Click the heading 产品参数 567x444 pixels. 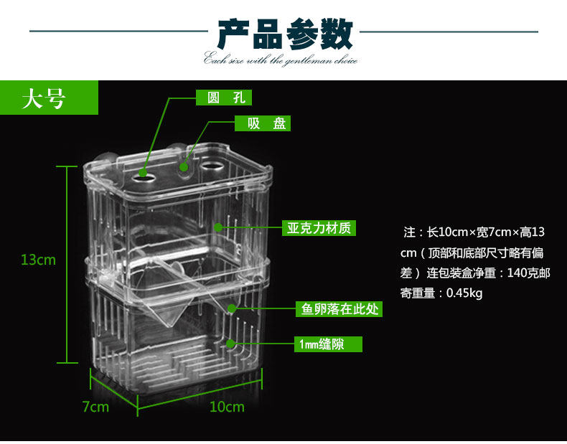(x=284, y=34)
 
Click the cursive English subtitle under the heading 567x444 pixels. (x=281, y=60)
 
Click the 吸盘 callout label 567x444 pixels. (x=263, y=123)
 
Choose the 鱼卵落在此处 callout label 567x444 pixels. (x=338, y=309)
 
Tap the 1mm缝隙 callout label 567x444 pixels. (x=322, y=345)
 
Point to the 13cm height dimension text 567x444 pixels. (x=38, y=260)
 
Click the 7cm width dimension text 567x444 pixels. (x=95, y=407)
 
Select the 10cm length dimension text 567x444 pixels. (x=227, y=407)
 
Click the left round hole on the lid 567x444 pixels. (x=145, y=173)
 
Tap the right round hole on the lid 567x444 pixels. (x=213, y=168)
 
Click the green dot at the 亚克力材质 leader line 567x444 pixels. (x=219, y=228)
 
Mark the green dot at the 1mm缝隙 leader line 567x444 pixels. (x=230, y=344)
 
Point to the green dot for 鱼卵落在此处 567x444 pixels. (x=233, y=309)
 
